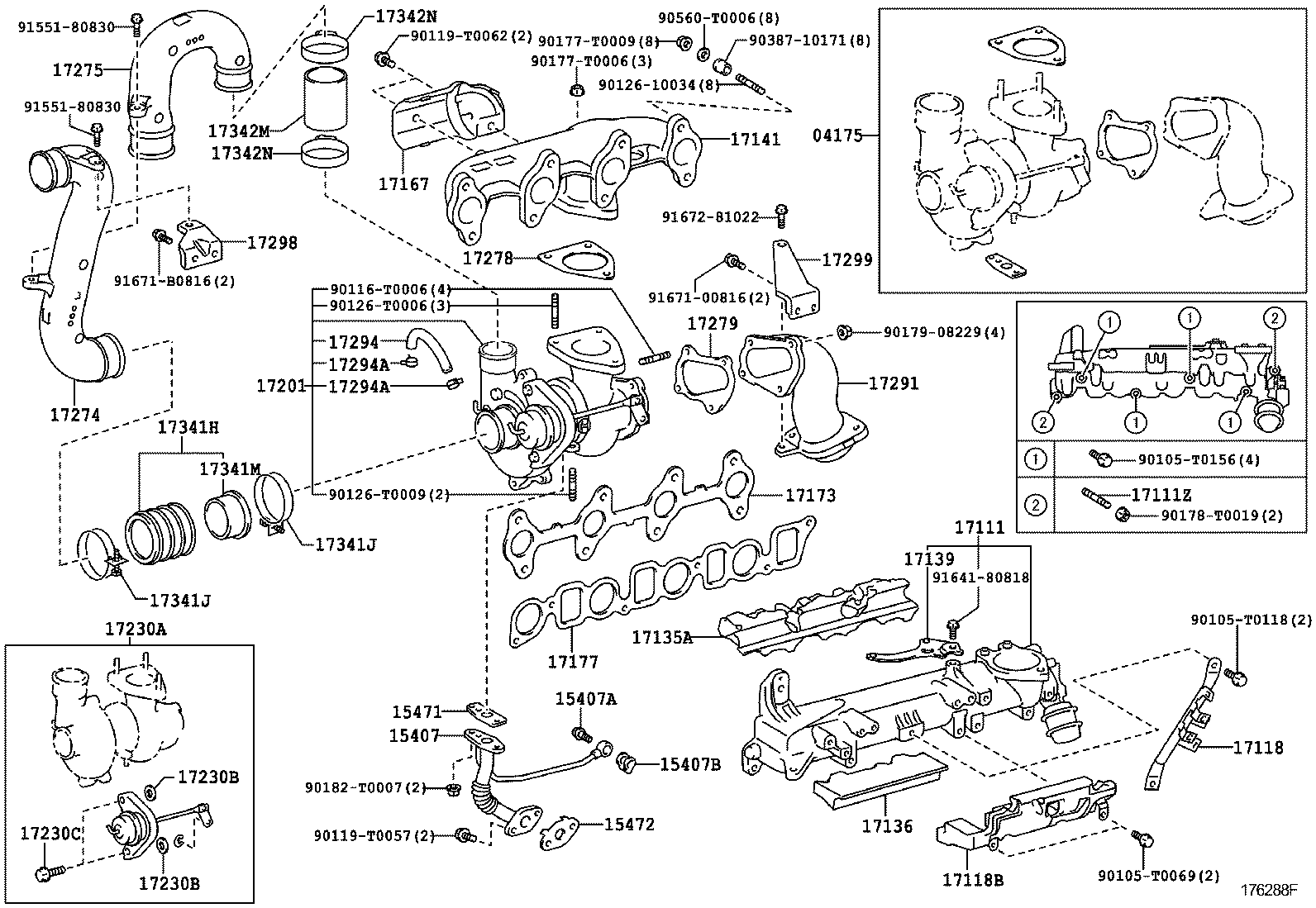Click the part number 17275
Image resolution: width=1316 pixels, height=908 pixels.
pyautogui.click(x=78, y=70)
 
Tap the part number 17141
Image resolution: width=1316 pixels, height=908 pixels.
pyautogui.click(x=755, y=140)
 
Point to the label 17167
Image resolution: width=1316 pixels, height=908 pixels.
pyautogui.click(x=403, y=183)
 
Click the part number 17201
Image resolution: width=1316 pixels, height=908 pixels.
pyautogui.click(x=280, y=385)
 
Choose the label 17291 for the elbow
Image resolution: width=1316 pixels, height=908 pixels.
pyautogui.click(x=893, y=383)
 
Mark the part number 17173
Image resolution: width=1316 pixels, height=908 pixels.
pyautogui.click(x=810, y=496)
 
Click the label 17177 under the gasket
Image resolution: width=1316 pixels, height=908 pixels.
pyautogui.click(x=573, y=662)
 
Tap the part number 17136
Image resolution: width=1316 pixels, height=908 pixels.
pyautogui.click(x=887, y=825)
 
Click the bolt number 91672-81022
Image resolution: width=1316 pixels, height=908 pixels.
pyautogui.click(x=710, y=217)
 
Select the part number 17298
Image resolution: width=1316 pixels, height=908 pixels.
pyautogui.click(x=272, y=243)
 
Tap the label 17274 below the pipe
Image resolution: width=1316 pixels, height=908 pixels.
pyautogui.click(x=74, y=415)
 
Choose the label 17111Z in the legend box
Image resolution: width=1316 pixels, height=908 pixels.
pyautogui.click(x=1161, y=495)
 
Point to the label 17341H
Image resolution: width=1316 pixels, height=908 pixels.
pyautogui.click(x=188, y=427)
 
